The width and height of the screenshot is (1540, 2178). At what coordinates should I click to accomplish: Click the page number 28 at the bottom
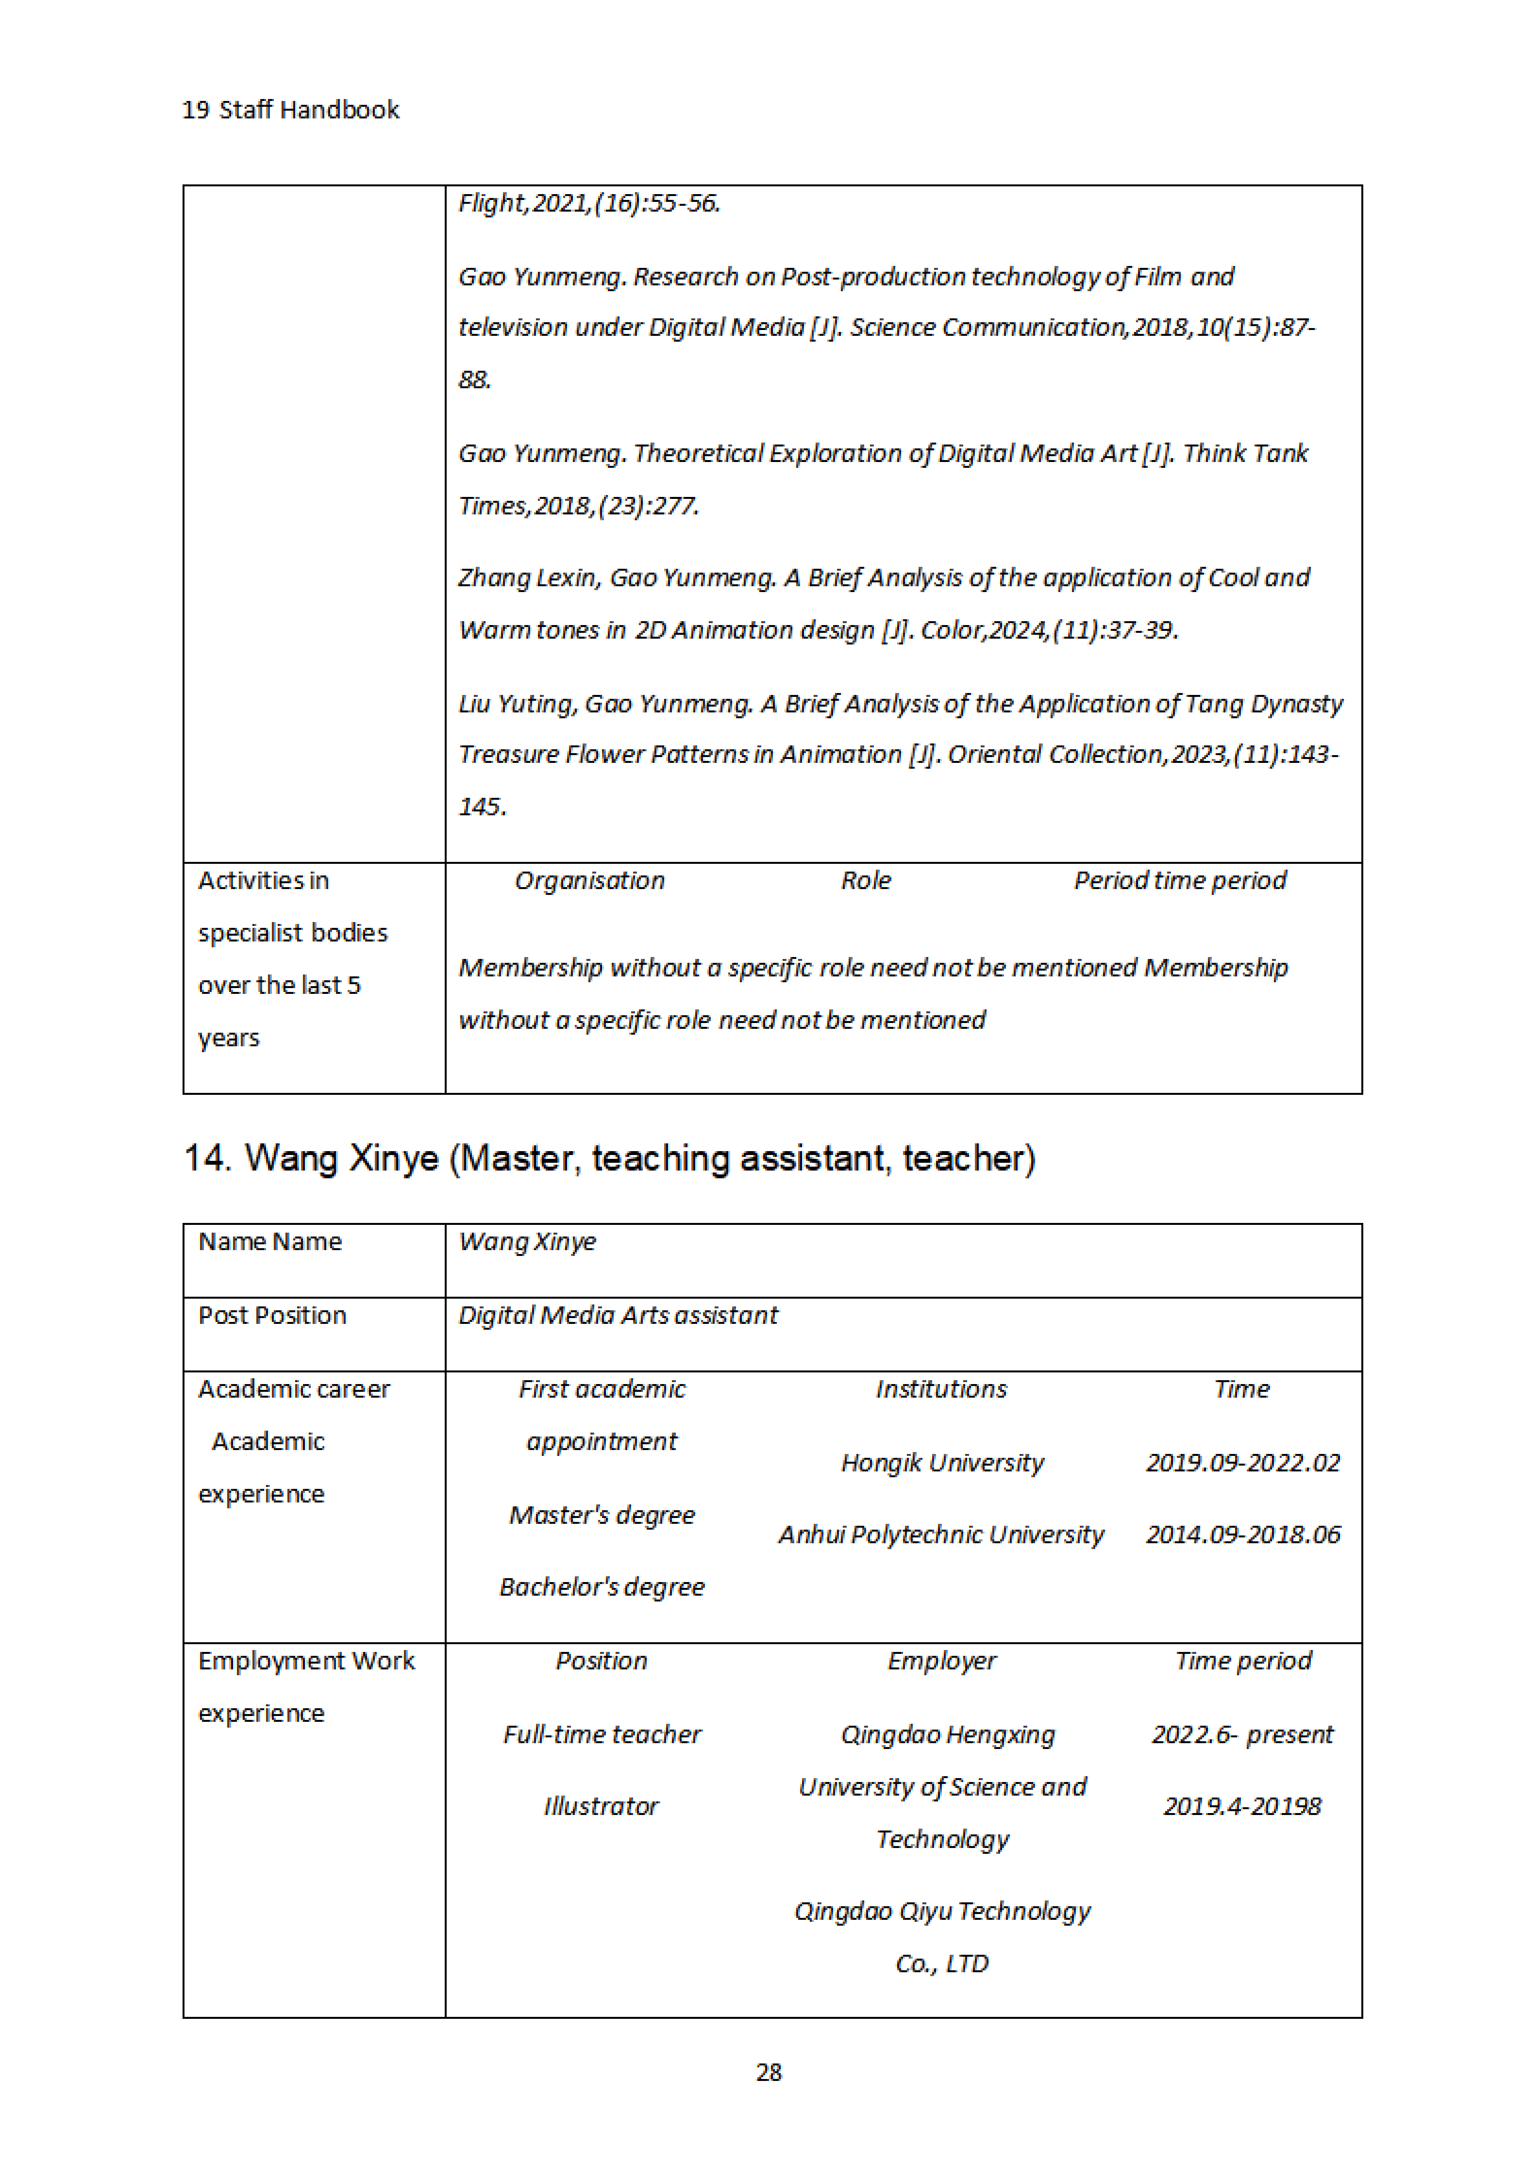coord(769,2073)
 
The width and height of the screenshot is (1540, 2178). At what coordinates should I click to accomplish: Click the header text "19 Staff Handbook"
coord(290,110)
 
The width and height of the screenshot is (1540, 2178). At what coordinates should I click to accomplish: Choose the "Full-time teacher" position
coord(602,1734)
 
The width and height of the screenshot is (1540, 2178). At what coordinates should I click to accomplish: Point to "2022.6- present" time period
coord(1242,1734)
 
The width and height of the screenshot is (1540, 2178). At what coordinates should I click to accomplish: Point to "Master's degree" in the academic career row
coord(602,1515)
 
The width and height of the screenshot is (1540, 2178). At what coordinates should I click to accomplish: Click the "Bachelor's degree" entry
coord(602,1587)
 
